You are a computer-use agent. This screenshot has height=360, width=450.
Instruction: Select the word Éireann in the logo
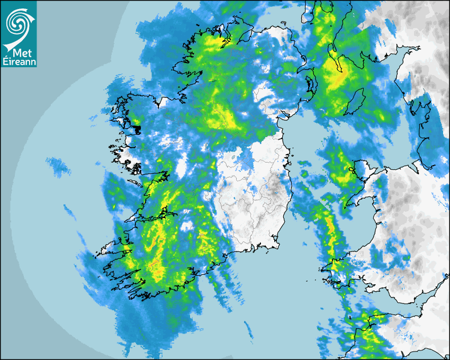click(19, 61)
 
